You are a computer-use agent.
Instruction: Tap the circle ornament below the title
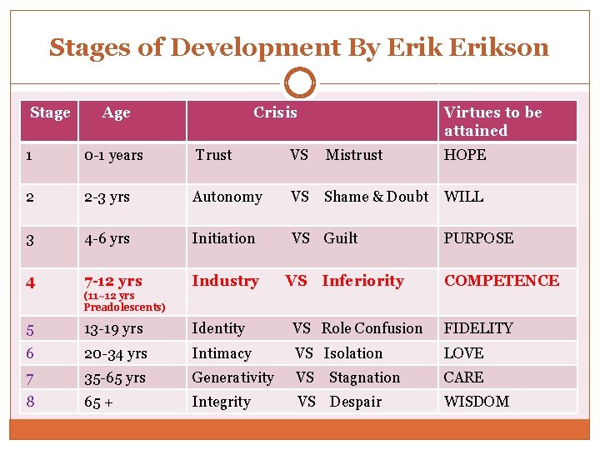(x=300, y=84)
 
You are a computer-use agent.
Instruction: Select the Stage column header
(x=50, y=112)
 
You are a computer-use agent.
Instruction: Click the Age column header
(x=116, y=113)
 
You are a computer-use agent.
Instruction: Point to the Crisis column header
(x=275, y=112)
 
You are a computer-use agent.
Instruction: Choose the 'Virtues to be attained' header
(x=492, y=121)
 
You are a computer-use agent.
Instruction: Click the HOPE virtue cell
(x=465, y=155)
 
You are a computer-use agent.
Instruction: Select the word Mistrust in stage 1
(x=354, y=155)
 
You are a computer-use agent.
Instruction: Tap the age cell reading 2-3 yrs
(x=107, y=197)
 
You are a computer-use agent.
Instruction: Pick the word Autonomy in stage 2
(x=227, y=197)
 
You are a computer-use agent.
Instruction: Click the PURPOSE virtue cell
(x=478, y=238)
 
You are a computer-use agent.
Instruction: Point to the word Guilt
(x=340, y=238)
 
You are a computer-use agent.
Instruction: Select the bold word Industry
(x=225, y=281)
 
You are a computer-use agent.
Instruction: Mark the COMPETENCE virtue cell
(x=502, y=281)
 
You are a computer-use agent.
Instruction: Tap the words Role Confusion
(x=372, y=328)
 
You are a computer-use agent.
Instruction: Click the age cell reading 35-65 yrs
(x=115, y=377)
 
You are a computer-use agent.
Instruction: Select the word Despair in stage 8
(x=355, y=402)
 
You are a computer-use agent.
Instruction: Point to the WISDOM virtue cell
(x=476, y=402)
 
